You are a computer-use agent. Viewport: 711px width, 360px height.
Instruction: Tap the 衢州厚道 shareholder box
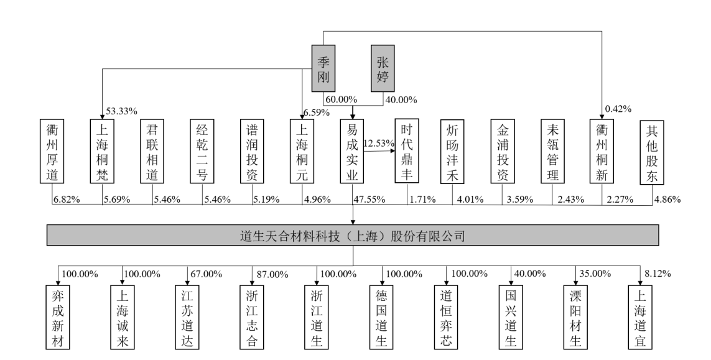click(x=52, y=151)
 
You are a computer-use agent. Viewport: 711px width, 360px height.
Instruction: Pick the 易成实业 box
click(x=353, y=151)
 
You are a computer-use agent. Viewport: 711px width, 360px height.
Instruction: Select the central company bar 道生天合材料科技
click(x=353, y=236)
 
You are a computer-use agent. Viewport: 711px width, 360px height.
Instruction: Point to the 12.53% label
click(x=379, y=144)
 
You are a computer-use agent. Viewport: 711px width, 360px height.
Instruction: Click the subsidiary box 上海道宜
click(x=641, y=316)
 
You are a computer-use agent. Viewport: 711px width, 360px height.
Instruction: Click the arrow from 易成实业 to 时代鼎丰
click(x=379, y=151)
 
